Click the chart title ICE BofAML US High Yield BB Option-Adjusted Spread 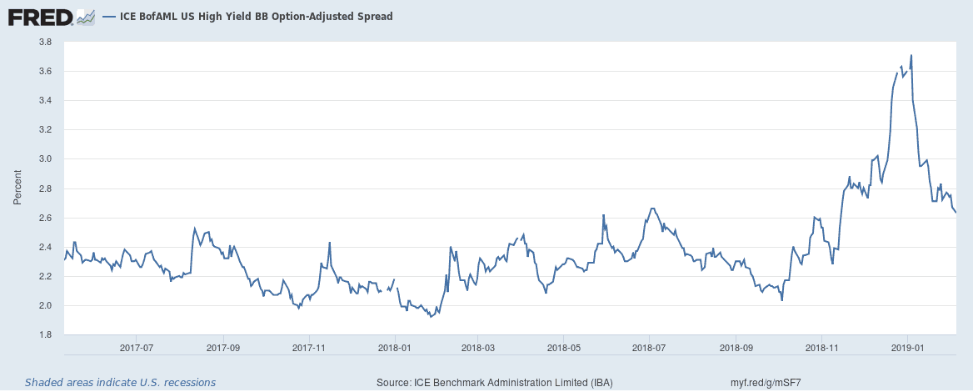(251, 16)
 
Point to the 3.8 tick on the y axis (46, 42)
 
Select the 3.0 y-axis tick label (46, 159)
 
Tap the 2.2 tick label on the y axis (46, 276)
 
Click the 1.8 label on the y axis (46, 335)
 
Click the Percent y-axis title (17, 188)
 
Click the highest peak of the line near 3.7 (911, 55)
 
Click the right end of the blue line (956, 213)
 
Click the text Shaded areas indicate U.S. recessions (120, 383)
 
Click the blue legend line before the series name (107, 16)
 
